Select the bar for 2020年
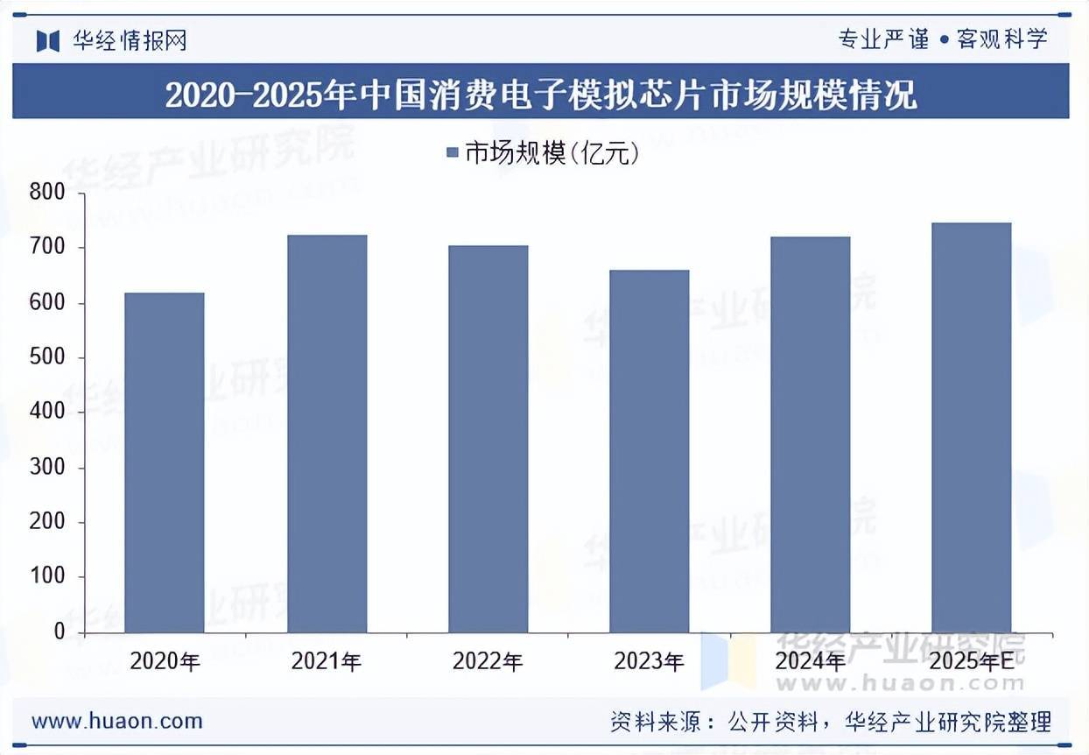pos(165,462)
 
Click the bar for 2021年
pos(327,434)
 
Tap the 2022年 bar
pos(488,439)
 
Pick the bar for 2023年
pos(650,451)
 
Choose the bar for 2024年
pos(811,434)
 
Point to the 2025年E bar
pos(972,427)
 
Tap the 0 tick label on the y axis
pos(59,632)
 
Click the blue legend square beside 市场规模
pos(453,154)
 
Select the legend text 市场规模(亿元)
pos(552,154)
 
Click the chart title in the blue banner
pos(541,94)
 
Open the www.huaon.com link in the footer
pos(117,722)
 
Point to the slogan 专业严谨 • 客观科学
pos(942,39)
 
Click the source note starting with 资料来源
pos(830,722)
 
